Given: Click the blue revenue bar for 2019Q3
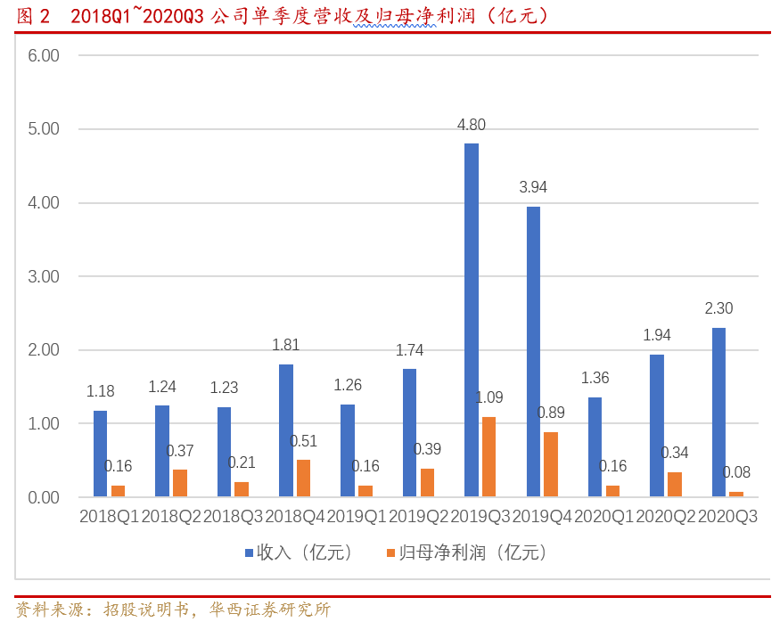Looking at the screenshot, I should coord(472,320).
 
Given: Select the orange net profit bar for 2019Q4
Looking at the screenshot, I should coord(551,464).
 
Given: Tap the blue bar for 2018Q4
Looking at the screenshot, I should coord(286,430).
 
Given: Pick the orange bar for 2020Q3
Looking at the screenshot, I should coord(736,494).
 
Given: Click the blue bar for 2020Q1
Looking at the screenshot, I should coord(595,446).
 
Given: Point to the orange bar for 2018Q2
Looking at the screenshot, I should coord(180,483).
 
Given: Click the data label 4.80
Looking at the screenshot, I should coord(472,126).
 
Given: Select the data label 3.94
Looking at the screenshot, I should coord(533,188).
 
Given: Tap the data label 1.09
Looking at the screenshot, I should coord(489,397).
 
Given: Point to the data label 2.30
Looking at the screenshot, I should coord(718,309).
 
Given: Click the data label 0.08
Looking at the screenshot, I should coord(736,472).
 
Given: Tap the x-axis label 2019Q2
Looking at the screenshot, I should coord(418,517).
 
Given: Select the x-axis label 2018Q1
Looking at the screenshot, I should coord(110,517).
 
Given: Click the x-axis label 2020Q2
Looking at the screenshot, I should coord(666,517).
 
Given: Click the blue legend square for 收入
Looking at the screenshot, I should coord(250,553).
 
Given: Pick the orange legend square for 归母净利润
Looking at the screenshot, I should coord(390,553).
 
